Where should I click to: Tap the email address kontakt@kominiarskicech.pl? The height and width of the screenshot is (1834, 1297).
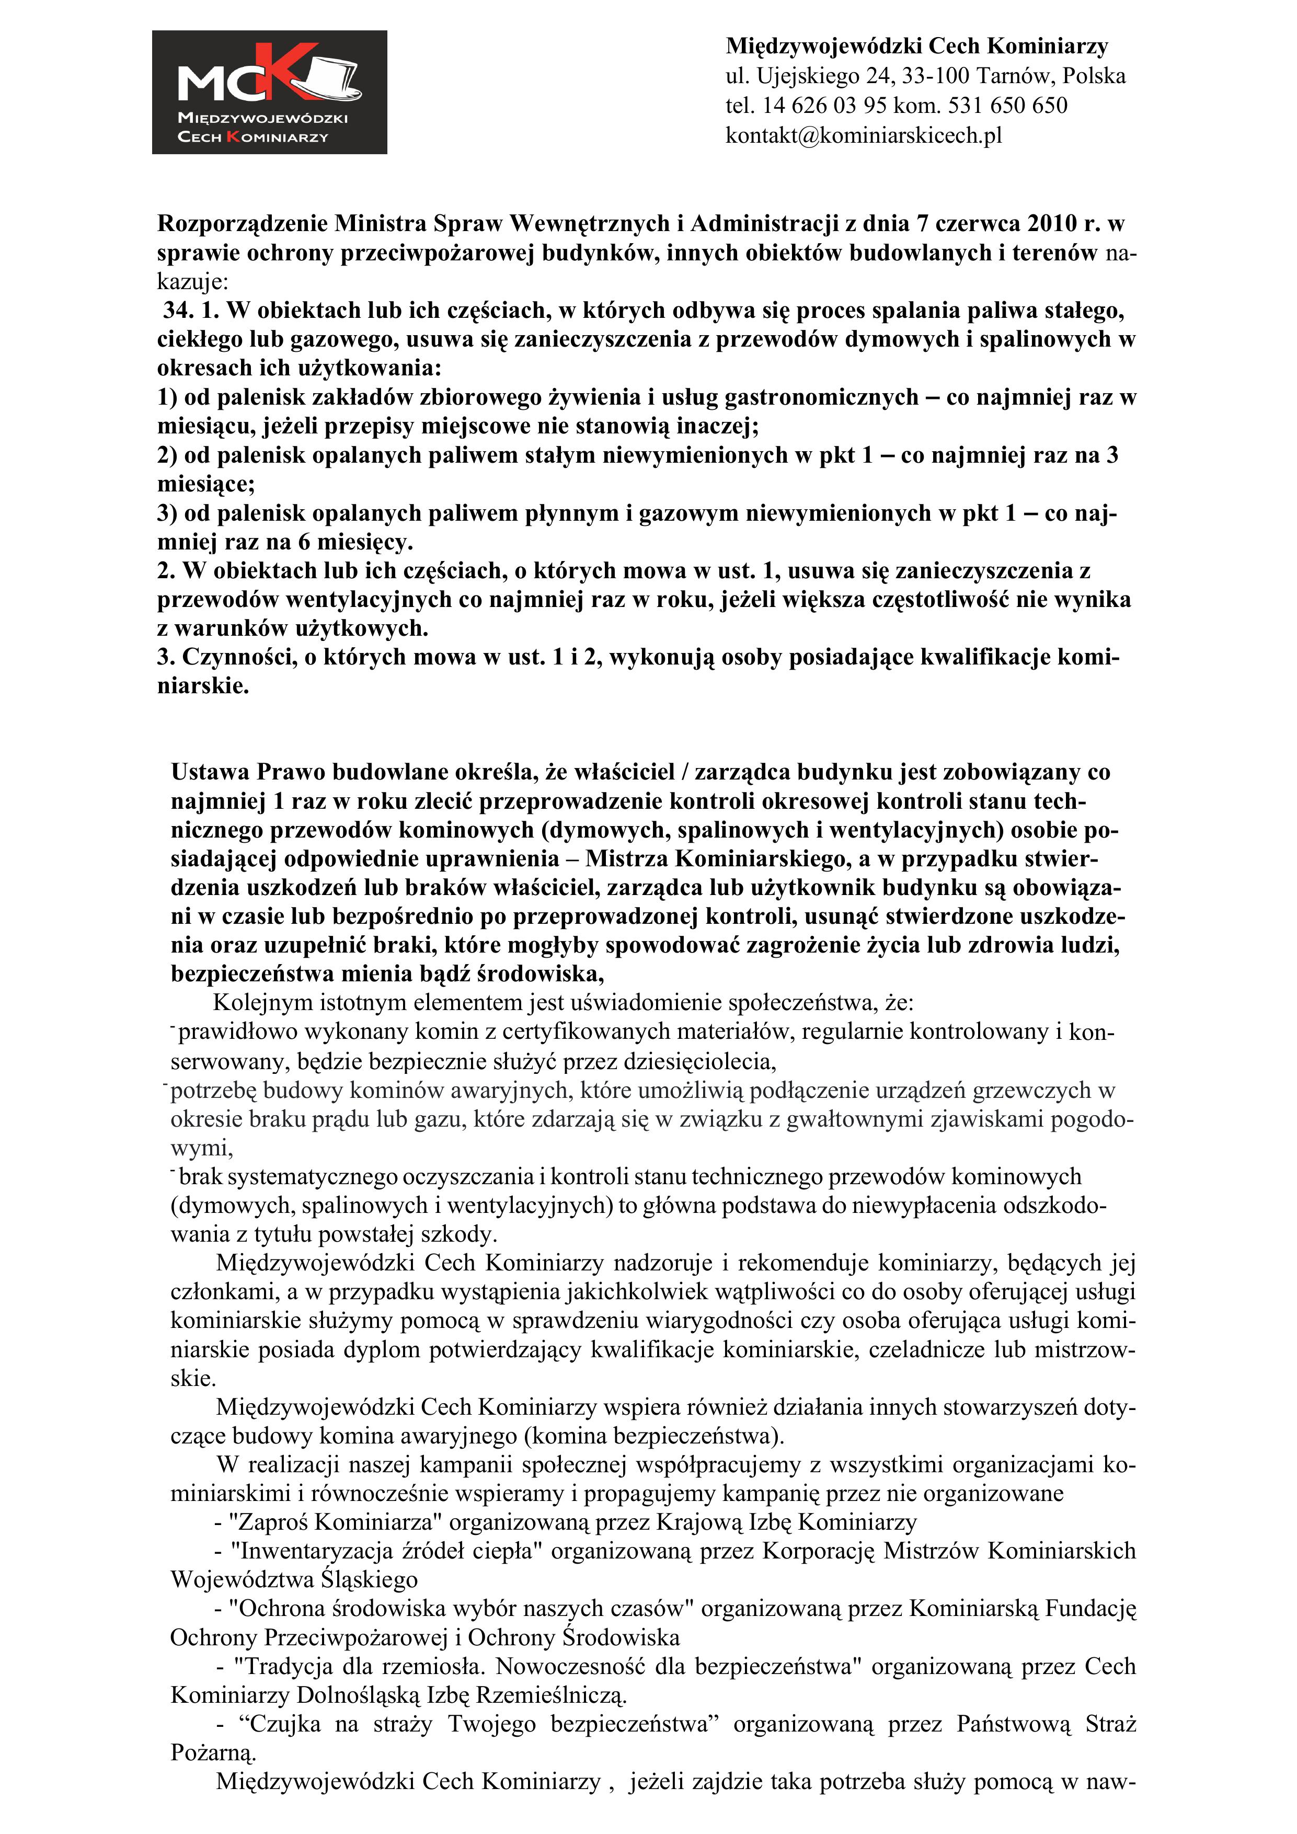[x=863, y=135]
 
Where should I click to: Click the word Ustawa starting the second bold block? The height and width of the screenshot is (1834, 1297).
[x=209, y=772]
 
